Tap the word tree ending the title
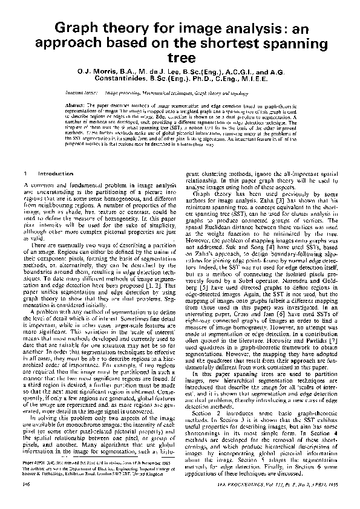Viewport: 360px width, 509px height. coord(180,58)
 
